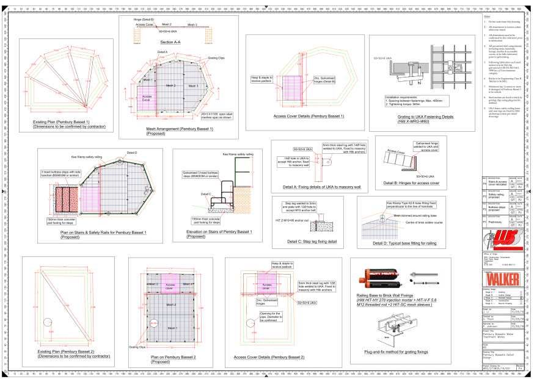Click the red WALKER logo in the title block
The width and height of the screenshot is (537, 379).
pos(503,278)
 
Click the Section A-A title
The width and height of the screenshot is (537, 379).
pos(172,42)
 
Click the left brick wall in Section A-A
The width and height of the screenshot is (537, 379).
pos(138,36)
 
